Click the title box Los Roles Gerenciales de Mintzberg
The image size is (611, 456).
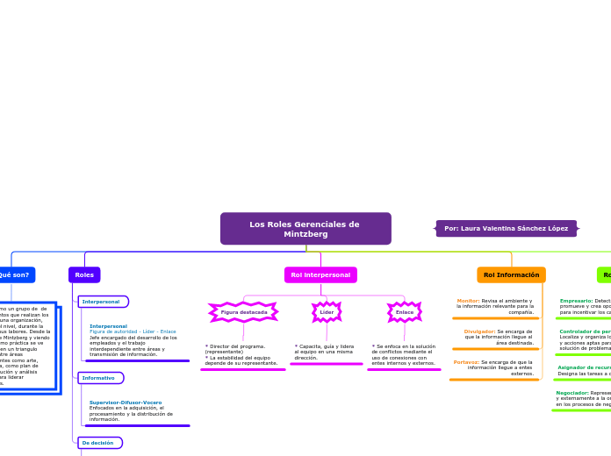coord(305,229)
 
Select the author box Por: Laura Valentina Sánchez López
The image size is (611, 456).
coord(506,229)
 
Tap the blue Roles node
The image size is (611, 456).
coord(84,275)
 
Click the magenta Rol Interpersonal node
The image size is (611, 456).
coord(320,275)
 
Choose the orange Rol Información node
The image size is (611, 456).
coord(511,275)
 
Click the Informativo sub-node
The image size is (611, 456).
coord(100,378)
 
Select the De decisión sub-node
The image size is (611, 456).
coord(99,443)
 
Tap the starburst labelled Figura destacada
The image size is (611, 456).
coord(243,312)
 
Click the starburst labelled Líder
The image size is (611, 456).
coord(327,312)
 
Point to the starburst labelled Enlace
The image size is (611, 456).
coord(404,312)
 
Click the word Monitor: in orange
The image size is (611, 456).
coord(468,301)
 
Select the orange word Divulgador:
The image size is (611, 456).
coord(479,331)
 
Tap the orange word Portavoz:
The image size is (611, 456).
coord(466,362)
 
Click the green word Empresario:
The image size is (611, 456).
coord(576,301)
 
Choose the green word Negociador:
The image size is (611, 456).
coord(572,393)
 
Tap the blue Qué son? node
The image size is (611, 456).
coord(15,275)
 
